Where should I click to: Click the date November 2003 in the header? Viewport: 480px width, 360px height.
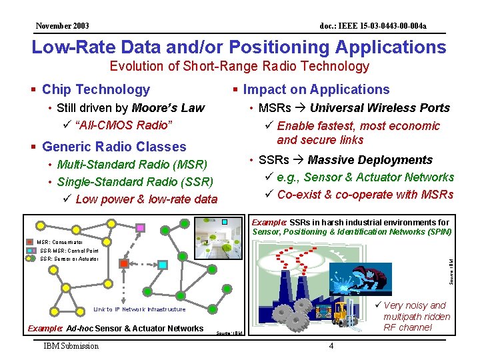click(x=63, y=26)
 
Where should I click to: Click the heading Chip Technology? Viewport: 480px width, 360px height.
click(x=95, y=89)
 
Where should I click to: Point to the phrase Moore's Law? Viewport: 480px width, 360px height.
click(x=168, y=108)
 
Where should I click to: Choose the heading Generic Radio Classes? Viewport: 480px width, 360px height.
click(x=114, y=147)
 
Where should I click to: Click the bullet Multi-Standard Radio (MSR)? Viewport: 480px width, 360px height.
click(x=132, y=165)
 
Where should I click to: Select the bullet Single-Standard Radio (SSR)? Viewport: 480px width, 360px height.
click(x=135, y=182)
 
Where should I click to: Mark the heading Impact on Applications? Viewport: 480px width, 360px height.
click(x=316, y=89)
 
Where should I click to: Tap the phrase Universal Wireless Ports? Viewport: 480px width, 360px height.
click(x=380, y=108)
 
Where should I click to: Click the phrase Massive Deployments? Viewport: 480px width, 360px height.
click(x=370, y=160)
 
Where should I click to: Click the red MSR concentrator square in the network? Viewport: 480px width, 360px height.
click(x=124, y=264)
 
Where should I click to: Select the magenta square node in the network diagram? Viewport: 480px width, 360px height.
click(x=140, y=228)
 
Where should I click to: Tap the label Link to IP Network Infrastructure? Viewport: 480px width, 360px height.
click(x=139, y=309)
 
